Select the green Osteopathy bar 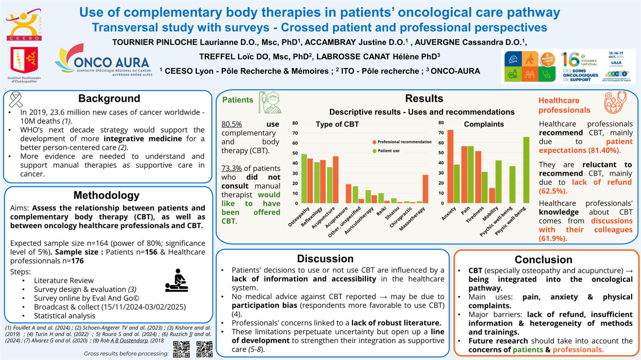click(304, 178)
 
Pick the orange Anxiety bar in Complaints click(450, 166)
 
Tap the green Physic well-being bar click(526, 170)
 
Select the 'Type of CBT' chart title click(338, 124)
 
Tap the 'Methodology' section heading click(107, 195)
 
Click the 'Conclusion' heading click(546, 259)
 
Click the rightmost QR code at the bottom click(204, 349)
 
